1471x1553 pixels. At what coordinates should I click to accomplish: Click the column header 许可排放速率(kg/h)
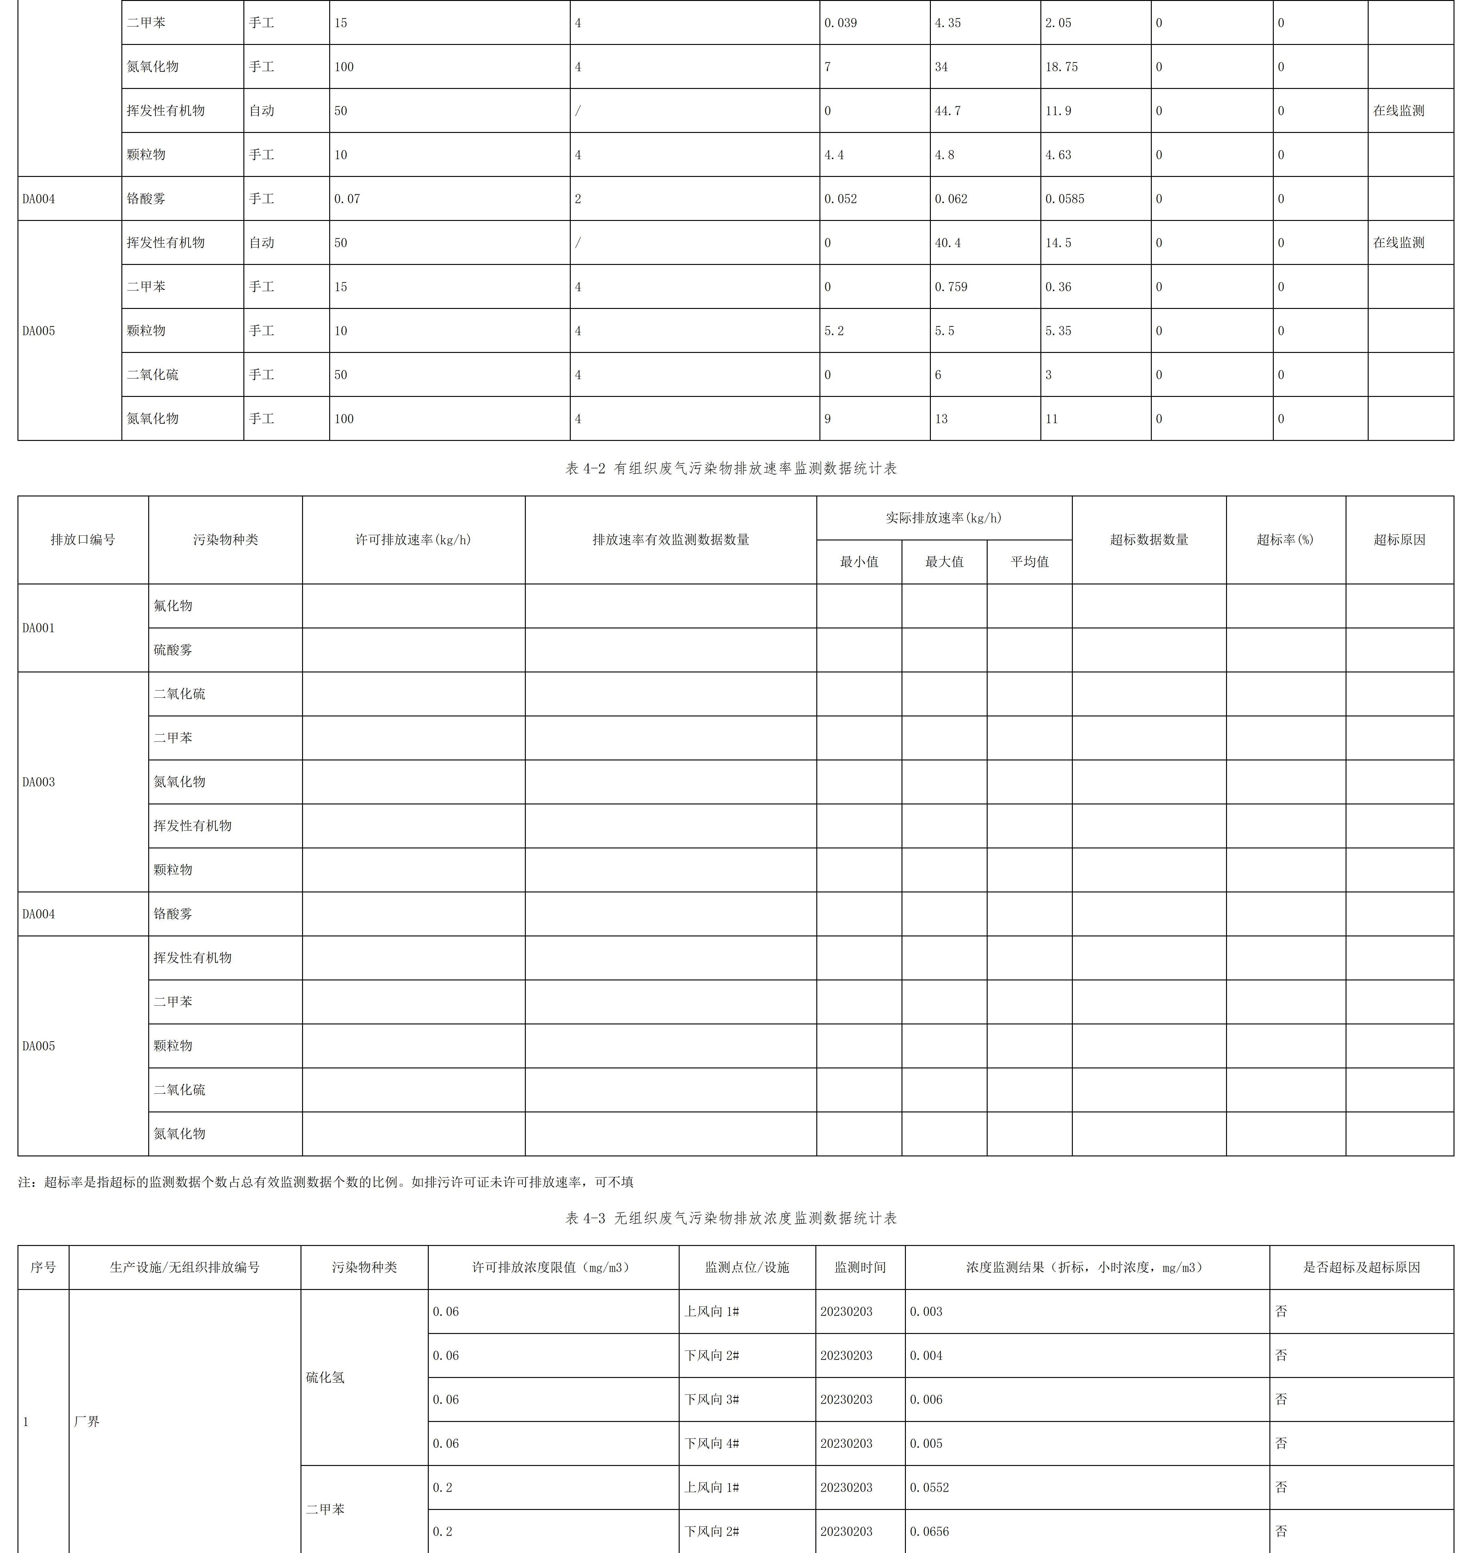[x=413, y=540]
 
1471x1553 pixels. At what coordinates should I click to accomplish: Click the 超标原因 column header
[x=1399, y=540]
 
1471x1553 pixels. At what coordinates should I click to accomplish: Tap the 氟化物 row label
[x=173, y=606]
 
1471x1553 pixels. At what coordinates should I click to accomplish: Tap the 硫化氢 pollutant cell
[x=325, y=1377]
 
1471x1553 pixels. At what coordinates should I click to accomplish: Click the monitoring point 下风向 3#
[x=711, y=1399]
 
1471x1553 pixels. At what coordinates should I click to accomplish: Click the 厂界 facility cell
[x=87, y=1421]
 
